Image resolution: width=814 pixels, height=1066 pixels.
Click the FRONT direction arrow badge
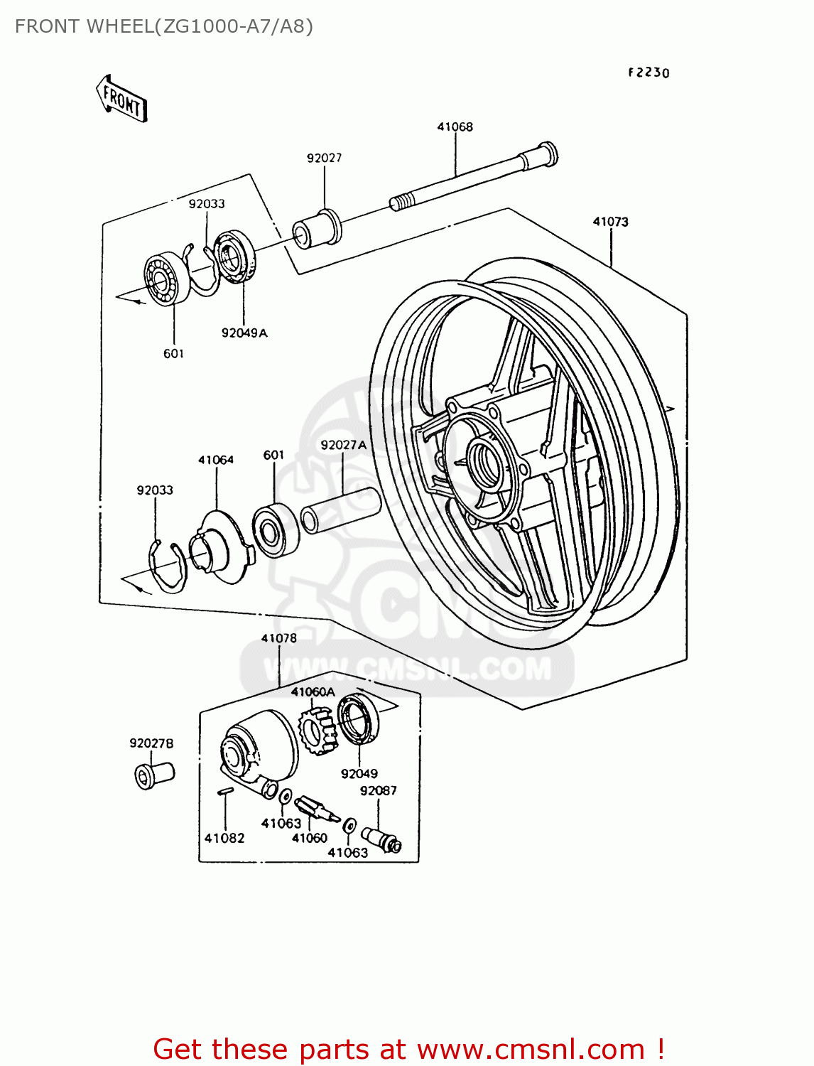pos(121,99)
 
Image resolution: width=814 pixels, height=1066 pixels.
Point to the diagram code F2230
pos(648,72)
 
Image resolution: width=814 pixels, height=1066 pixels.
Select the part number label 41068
pos(455,126)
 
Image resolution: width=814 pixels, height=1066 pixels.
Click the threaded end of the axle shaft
pos(401,202)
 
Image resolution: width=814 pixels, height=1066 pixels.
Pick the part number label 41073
pos(610,222)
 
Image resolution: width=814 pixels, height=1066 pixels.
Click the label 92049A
pos(244,333)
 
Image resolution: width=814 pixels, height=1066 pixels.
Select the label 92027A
pos(343,445)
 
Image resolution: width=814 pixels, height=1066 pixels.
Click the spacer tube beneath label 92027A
pos(341,510)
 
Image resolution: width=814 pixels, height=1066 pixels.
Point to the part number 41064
pos(216,460)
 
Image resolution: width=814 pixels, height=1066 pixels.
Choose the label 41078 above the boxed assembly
pos(278,638)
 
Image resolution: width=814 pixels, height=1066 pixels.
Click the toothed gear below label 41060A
pos(316,732)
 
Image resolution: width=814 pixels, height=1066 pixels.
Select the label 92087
pos(378,790)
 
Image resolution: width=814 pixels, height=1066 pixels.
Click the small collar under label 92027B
pos(153,774)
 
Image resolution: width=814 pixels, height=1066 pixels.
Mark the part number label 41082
pos(224,838)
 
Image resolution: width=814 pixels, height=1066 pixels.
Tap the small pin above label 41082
pos(224,791)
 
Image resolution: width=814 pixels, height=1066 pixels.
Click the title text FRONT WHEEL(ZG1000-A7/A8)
pos(164,26)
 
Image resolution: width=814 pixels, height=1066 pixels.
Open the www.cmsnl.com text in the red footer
pos(530,1049)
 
